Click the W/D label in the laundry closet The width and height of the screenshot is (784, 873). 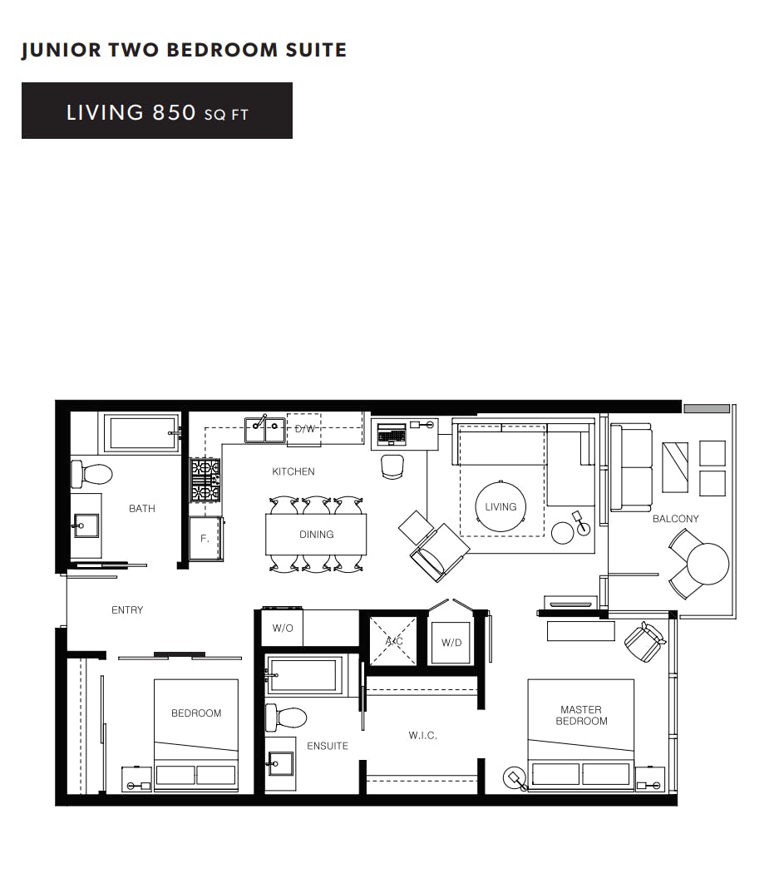pyautogui.click(x=451, y=643)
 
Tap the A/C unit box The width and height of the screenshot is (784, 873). pyautogui.click(x=393, y=641)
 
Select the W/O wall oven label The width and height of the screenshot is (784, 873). pyautogui.click(x=283, y=628)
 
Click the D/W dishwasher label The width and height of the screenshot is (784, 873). pyautogui.click(x=305, y=429)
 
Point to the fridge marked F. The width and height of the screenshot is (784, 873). pyautogui.click(x=205, y=539)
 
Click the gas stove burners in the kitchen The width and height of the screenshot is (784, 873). pyautogui.click(x=205, y=480)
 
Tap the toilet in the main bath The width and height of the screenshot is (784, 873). pyautogui.click(x=92, y=474)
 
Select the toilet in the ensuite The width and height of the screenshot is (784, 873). pyautogui.click(x=287, y=717)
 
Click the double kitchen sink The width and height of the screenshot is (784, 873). pyautogui.click(x=265, y=430)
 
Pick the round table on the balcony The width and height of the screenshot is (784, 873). pyautogui.click(x=708, y=563)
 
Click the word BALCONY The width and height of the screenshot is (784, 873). pyautogui.click(x=675, y=519)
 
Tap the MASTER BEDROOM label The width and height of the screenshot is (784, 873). pyautogui.click(x=581, y=715)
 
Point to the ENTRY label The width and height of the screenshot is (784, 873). pyautogui.click(x=127, y=610)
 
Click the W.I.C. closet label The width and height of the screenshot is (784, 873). pyautogui.click(x=422, y=736)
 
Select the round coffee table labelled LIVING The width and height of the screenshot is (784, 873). pyautogui.click(x=500, y=506)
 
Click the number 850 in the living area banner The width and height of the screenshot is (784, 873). pyautogui.click(x=174, y=112)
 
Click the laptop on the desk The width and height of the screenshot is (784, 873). pyautogui.click(x=392, y=434)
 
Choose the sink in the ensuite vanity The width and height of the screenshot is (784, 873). pyautogui.click(x=281, y=762)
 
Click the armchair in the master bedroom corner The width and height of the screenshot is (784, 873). pyautogui.click(x=644, y=641)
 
